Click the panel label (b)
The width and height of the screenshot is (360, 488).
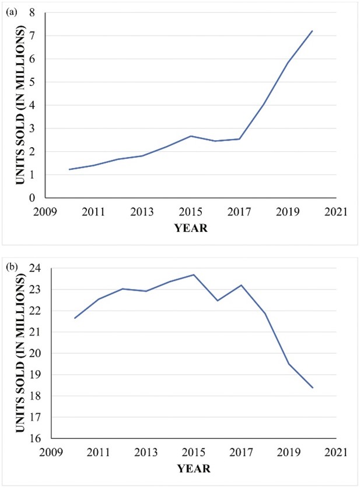(11, 268)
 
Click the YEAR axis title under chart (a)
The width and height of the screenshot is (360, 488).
(191, 228)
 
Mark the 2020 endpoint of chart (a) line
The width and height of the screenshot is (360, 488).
(312, 31)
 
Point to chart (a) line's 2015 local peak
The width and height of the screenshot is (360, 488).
(191, 136)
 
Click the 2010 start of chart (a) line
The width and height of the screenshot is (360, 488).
(69, 169)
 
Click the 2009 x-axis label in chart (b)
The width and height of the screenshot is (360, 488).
(51, 451)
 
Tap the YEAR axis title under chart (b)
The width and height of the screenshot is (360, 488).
(193, 468)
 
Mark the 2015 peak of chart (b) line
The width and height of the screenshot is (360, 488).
(194, 274)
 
